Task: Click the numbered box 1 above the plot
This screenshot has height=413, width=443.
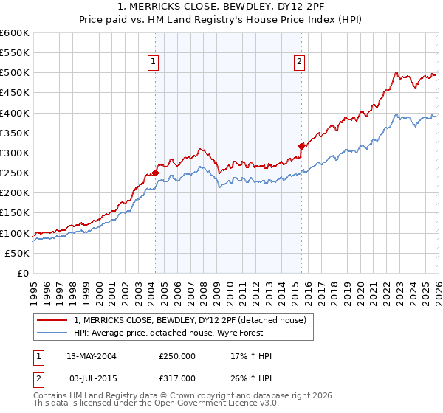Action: pyautogui.click(x=153, y=63)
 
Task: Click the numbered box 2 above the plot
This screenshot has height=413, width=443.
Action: pyautogui.click(x=300, y=63)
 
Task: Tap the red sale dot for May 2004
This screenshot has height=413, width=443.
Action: pyautogui.click(x=155, y=173)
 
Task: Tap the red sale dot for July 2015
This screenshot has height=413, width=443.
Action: pyautogui.click(x=301, y=146)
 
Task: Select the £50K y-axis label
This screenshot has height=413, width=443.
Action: pyautogui.click(x=17, y=253)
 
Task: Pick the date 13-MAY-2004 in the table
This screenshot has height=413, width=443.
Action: pyautogui.click(x=91, y=356)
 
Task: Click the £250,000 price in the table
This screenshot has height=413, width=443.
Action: pyautogui.click(x=176, y=356)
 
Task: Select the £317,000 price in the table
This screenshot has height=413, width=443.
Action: pyautogui.click(x=176, y=378)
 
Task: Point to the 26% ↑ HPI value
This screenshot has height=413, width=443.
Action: pyautogui.click(x=251, y=378)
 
